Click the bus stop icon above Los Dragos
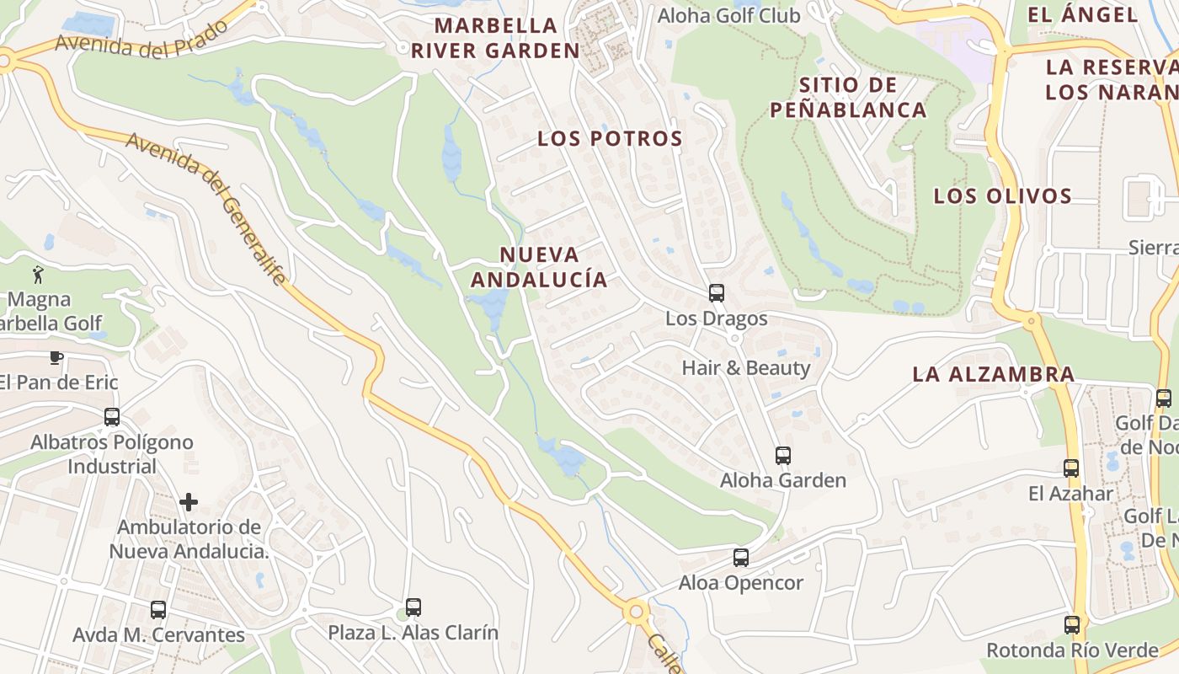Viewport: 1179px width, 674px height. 716,293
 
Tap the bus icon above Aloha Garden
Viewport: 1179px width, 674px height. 783,456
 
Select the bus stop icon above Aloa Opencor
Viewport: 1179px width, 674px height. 741,558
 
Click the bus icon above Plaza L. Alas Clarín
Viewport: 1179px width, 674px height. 413,607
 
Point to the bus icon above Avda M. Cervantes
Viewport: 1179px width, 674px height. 158,610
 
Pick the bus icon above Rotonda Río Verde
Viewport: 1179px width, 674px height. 1072,625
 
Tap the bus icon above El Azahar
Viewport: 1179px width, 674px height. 1071,468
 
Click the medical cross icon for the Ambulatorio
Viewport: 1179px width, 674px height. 189,502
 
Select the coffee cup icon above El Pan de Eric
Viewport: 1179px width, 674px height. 56,357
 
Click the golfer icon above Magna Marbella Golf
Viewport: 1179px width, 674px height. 38,274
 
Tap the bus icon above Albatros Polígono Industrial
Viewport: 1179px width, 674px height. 112,417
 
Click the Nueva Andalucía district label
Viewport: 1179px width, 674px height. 539,266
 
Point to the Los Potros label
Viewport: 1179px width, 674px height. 610,139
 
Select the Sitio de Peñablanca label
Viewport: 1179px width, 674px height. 847,97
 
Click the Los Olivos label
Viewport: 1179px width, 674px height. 1002,196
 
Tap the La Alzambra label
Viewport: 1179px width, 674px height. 994,374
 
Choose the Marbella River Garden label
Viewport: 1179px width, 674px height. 496,38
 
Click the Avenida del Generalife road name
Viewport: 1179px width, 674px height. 206,207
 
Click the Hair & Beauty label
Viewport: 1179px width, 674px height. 746,368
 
